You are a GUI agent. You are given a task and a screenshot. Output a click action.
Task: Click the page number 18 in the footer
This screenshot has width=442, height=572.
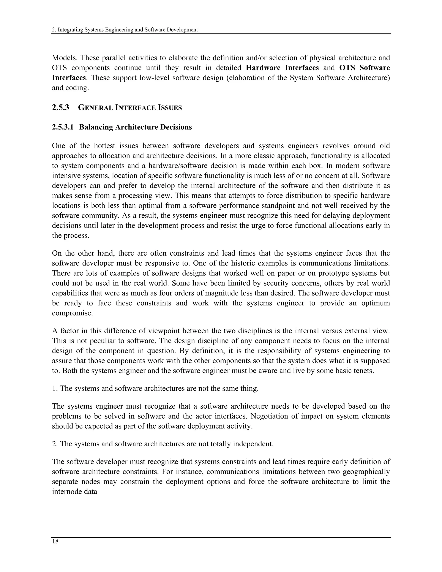tap(55, 541)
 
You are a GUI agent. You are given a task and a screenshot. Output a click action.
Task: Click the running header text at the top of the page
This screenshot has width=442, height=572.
tap(125, 30)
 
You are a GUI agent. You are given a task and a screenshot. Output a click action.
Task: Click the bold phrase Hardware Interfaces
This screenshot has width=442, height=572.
tap(282, 68)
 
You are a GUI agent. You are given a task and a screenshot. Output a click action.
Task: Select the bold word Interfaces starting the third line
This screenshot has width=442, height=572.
tap(69, 77)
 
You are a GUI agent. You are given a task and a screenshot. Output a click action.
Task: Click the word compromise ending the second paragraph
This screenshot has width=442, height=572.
tap(72, 313)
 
